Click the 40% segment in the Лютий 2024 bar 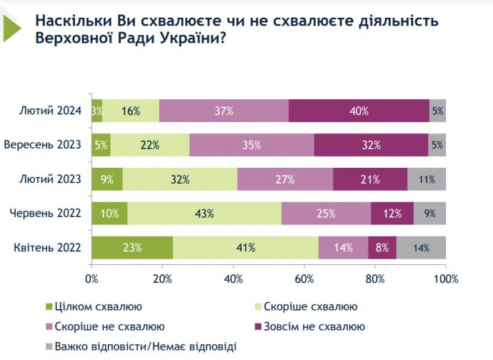coord(359,111)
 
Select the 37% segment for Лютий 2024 coord(224,111)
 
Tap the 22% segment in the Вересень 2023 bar coord(150,145)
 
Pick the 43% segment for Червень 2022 coord(204,213)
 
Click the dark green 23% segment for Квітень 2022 coord(132,247)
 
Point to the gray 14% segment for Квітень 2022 coord(421,247)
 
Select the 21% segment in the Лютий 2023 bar coord(369,179)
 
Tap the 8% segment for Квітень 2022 coord(382,247)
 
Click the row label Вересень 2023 coord(43,145)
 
